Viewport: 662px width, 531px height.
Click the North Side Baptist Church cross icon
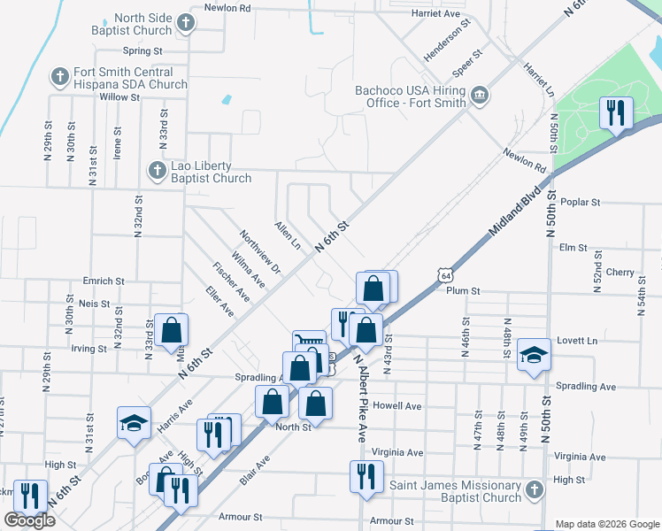[186, 23]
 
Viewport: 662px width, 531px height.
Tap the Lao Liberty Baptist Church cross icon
[157, 169]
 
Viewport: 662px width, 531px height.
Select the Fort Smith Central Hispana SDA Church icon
[60, 77]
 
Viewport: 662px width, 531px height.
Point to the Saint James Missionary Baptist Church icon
[533, 489]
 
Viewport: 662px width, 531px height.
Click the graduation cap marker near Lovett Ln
[534, 355]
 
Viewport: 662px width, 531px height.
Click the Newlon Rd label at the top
[227, 7]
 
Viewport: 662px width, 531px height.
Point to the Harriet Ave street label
[436, 14]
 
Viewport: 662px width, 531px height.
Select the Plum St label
[463, 290]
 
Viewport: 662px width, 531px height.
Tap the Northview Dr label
[259, 251]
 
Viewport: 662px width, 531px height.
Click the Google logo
[29, 520]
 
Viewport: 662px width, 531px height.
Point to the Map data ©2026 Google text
[606, 524]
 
